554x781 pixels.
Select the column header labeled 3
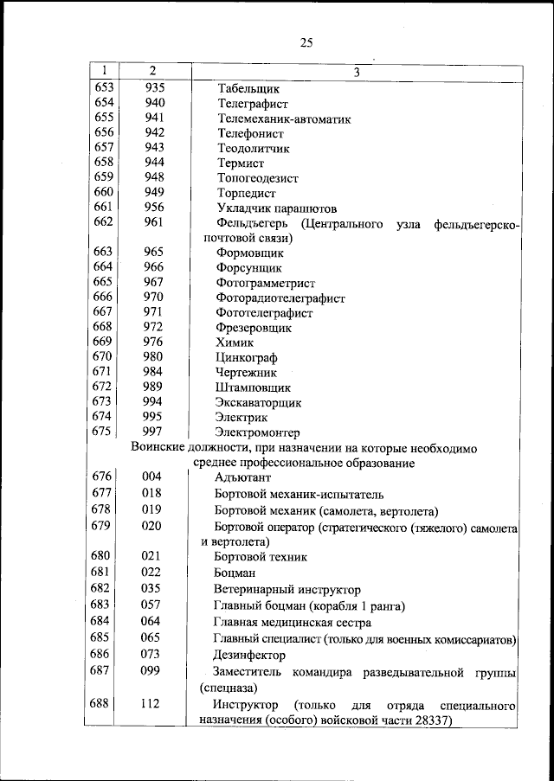click(x=356, y=70)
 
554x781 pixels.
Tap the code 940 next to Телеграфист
click(x=154, y=103)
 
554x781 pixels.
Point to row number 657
click(x=103, y=148)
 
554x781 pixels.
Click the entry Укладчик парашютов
click(x=276, y=208)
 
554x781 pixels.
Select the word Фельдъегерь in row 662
click(x=252, y=224)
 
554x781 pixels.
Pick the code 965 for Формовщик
click(x=154, y=253)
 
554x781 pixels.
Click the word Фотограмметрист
click(x=265, y=283)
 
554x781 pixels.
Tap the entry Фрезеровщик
click(x=253, y=328)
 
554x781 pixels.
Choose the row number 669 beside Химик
click(x=103, y=342)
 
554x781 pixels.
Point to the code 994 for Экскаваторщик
click(x=154, y=402)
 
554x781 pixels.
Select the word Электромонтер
click(x=257, y=432)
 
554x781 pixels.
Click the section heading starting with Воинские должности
click(x=303, y=447)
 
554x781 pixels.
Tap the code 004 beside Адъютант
click(x=152, y=477)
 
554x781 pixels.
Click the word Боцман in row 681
click(x=235, y=573)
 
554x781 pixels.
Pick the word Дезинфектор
click(x=249, y=656)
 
